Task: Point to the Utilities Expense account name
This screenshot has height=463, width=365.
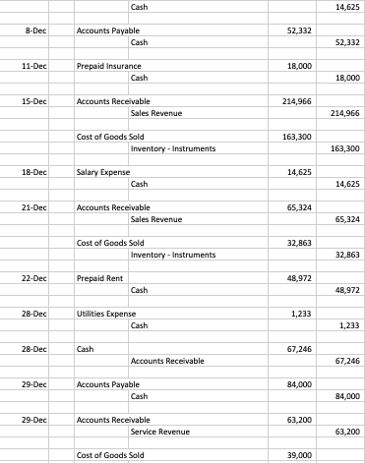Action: click(104, 314)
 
